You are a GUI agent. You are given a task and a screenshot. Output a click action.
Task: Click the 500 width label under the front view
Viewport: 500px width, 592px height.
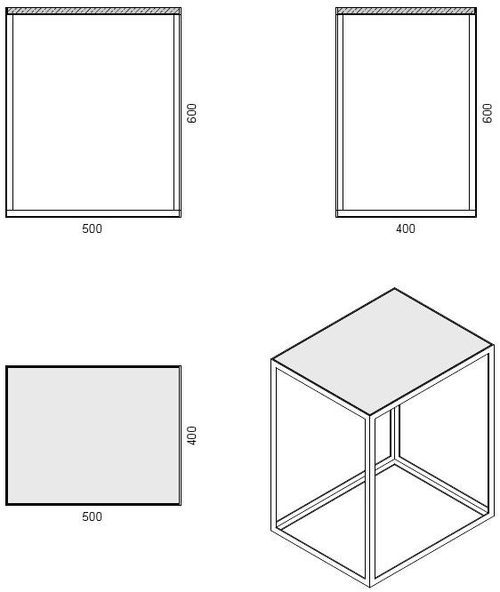pos(92,228)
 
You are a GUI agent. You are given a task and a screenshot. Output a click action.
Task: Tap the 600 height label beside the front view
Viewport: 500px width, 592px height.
pos(191,113)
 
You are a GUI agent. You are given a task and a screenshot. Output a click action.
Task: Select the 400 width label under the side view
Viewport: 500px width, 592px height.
pos(405,228)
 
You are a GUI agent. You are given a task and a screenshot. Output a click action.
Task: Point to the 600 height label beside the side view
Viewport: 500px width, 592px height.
pos(488,113)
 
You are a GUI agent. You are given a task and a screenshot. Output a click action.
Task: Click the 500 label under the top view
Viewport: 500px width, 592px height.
pos(92,516)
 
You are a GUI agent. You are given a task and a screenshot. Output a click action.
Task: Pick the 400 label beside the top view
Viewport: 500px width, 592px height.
pos(191,436)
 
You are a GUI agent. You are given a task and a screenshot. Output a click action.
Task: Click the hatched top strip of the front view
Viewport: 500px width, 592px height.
pos(93,12)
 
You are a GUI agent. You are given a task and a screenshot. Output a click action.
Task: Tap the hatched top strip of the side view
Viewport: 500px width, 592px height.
pos(406,12)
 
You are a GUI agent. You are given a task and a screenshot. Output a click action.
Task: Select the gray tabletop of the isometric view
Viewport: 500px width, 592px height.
pos(383,351)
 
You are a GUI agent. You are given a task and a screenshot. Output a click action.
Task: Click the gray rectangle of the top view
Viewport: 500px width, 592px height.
pos(93,436)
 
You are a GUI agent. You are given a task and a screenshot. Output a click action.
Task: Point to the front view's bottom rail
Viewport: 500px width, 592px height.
pos(93,213)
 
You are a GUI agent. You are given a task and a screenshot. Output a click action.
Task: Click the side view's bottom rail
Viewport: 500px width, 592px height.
pos(406,213)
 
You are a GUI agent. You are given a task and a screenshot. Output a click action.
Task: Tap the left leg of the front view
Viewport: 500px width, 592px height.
pos(10,113)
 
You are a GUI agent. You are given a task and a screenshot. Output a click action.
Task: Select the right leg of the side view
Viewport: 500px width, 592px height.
pos(472,113)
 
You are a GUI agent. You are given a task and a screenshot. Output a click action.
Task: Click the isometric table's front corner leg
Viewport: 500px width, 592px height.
pos(369,498)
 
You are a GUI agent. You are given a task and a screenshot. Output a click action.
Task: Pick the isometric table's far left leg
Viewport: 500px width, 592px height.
pos(273,444)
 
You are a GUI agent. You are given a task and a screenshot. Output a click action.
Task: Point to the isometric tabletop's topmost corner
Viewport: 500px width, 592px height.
pos(394,288)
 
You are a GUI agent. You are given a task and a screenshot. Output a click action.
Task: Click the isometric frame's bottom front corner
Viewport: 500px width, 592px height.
pos(369,585)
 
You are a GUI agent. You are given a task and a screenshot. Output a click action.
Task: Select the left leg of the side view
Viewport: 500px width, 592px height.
pos(339,113)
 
